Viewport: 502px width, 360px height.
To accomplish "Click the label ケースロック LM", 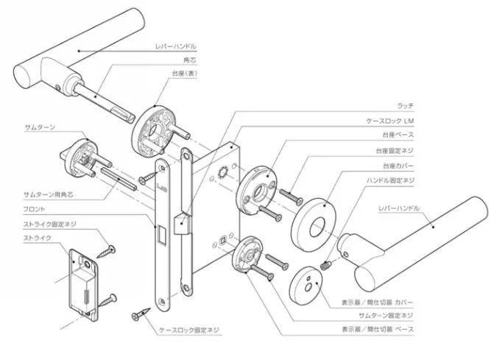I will pyautogui.click(x=387, y=121).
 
